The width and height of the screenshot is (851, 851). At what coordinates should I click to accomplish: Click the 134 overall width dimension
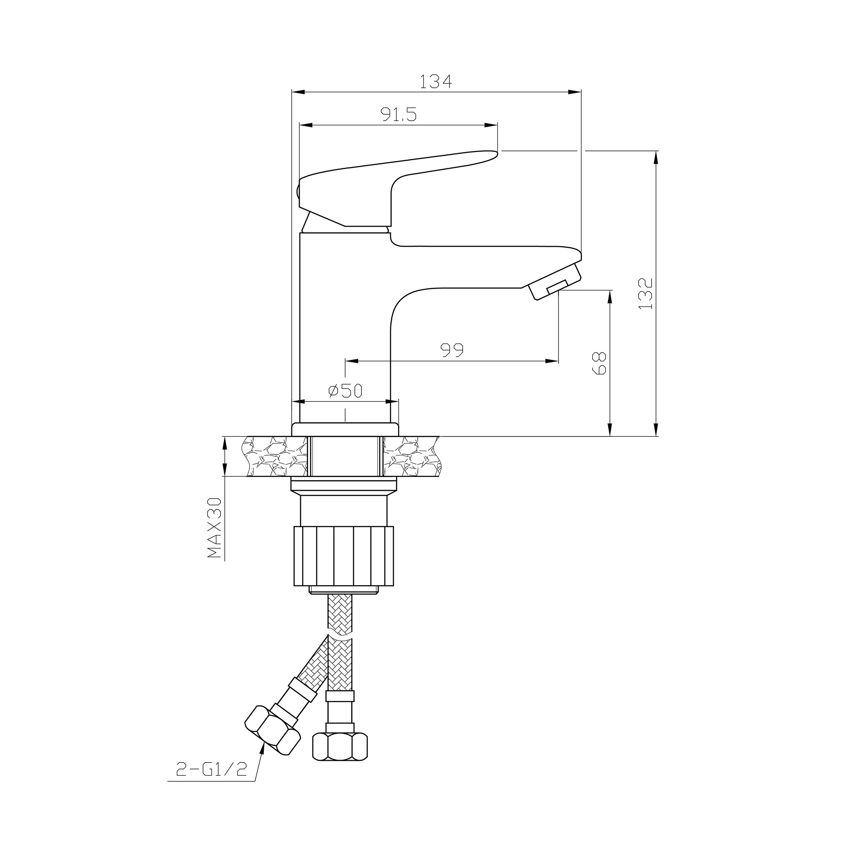pos(435,82)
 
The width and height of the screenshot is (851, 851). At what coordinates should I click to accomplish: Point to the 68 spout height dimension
pos(600,363)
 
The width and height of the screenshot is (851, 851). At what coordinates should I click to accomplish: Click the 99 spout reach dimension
pos(452,350)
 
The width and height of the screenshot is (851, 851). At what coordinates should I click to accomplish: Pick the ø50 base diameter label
pos(345,390)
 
